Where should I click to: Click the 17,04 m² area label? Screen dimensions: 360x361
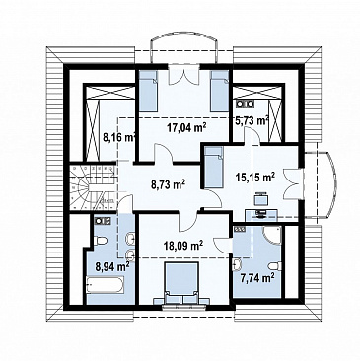[186, 127]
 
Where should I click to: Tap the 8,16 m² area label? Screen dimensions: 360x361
[119, 137]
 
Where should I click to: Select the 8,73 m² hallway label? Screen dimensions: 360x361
[168, 184]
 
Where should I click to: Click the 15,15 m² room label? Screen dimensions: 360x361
[255, 177]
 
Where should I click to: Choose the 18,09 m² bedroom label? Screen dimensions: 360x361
[183, 245]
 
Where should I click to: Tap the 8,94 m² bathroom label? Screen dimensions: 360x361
[112, 266]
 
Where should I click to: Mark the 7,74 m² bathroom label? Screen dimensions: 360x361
[257, 278]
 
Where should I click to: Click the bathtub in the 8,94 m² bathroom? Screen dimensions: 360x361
[106, 284]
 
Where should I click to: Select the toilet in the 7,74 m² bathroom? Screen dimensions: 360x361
[275, 265]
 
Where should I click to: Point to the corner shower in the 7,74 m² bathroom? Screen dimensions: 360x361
[272, 235]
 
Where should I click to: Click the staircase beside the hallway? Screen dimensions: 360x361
[92, 186]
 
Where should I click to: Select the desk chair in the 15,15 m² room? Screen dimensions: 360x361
[261, 199]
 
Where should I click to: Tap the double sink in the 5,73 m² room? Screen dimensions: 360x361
[245, 104]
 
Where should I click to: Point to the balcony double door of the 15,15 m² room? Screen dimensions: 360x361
[292, 183]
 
